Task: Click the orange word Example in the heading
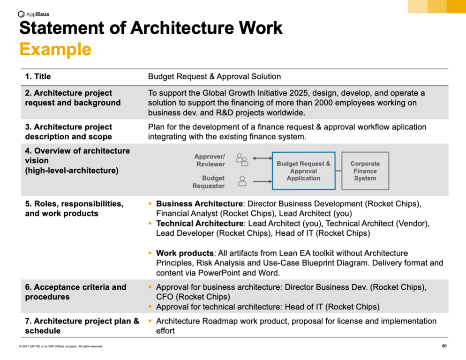(55, 49)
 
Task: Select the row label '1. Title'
(38, 77)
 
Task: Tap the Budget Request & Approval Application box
(303, 171)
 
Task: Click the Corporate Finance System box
(365, 171)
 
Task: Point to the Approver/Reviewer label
(210, 160)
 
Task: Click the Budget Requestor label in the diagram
(209, 182)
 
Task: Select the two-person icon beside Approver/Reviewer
(242, 160)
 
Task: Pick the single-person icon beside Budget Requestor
(242, 181)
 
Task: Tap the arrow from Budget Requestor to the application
(261, 181)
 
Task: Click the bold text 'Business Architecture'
(200, 204)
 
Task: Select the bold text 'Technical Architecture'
(200, 224)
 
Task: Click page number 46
(444, 346)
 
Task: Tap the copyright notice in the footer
(61, 346)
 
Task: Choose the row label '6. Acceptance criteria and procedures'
(75, 292)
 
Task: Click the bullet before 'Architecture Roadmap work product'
(150, 321)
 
